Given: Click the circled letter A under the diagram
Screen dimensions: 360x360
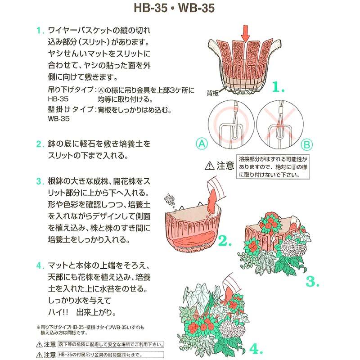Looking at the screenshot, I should (x=202, y=144).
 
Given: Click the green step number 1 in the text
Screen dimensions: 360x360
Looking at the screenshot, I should (x=40, y=31).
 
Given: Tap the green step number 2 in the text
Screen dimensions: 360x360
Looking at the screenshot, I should (x=40, y=145).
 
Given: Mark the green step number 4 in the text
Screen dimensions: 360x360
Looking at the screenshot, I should (x=40, y=264).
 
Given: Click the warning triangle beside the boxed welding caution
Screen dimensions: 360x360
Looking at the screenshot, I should (x=210, y=166).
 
